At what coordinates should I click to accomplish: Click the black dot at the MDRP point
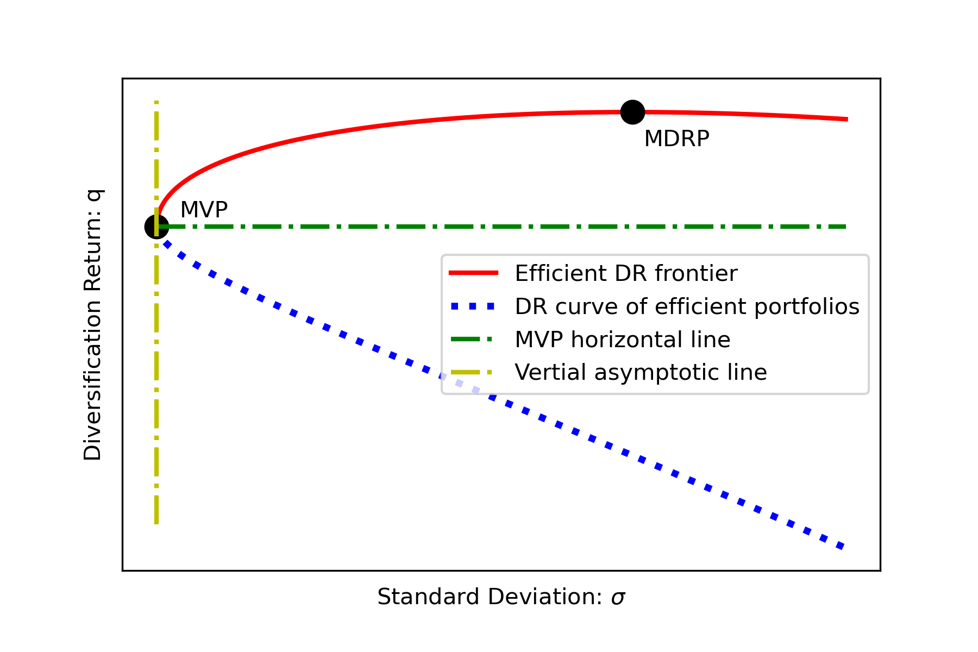point(632,112)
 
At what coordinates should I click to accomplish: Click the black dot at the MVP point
point(156,227)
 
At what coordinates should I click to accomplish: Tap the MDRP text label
point(676,139)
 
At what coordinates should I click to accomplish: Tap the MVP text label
point(204,210)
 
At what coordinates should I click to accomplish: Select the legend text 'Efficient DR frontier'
point(626,273)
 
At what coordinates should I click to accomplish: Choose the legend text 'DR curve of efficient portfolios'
point(687,306)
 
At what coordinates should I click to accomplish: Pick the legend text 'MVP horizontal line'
point(622,340)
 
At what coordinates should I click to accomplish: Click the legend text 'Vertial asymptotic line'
point(641,373)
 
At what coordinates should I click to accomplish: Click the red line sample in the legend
point(473,273)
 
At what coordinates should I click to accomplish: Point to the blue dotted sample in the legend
point(473,306)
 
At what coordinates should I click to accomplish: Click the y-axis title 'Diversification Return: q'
point(93,325)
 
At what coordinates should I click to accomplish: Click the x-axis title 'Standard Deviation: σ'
point(501,597)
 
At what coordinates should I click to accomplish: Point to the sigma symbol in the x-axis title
point(618,598)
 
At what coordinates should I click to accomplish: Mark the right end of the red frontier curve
point(847,119)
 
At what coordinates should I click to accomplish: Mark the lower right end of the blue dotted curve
point(842,547)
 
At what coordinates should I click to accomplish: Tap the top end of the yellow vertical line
point(156,102)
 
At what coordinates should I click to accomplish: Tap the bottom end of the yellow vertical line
point(156,523)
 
